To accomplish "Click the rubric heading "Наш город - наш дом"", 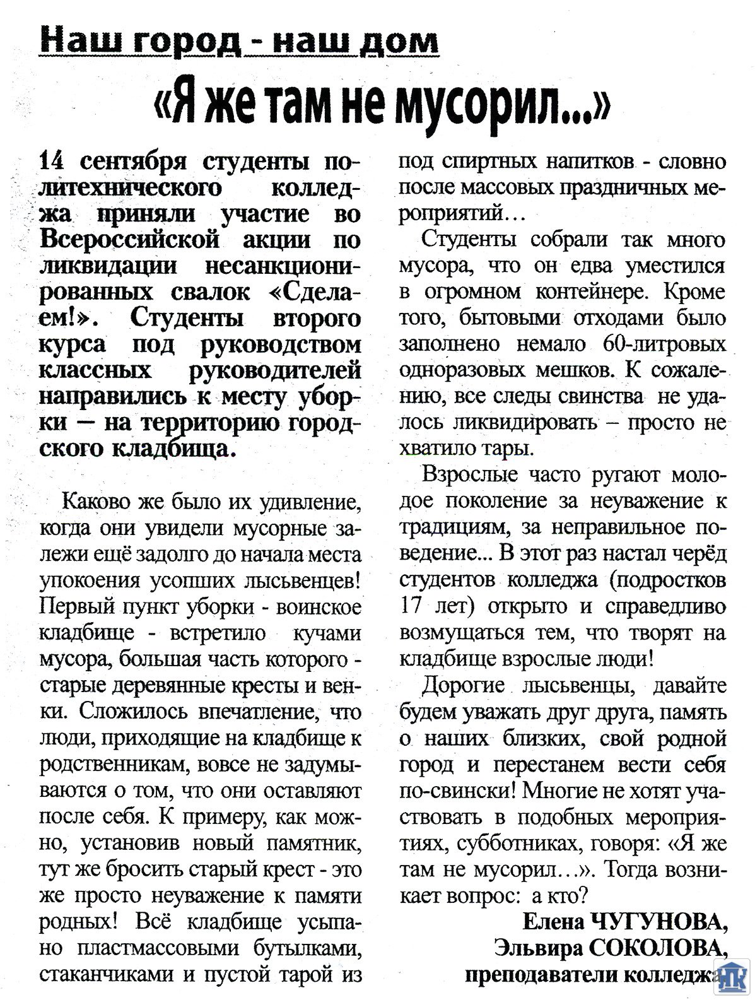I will click(x=239, y=42).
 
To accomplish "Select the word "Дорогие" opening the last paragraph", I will click(x=464, y=685).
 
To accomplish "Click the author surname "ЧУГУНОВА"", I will click(x=659, y=922).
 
